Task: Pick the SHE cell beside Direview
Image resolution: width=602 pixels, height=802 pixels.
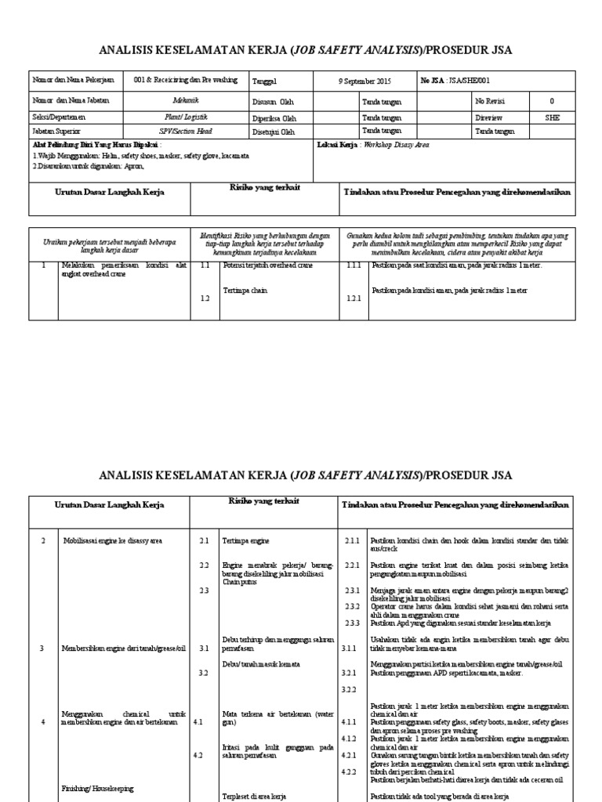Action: [553, 116]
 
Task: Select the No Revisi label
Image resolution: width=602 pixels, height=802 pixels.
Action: [489, 100]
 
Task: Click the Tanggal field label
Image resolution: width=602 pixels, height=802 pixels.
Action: [265, 81]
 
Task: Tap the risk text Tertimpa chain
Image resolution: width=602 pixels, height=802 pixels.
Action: [242, 290]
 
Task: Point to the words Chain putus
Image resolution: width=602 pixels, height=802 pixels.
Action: [240, 581]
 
